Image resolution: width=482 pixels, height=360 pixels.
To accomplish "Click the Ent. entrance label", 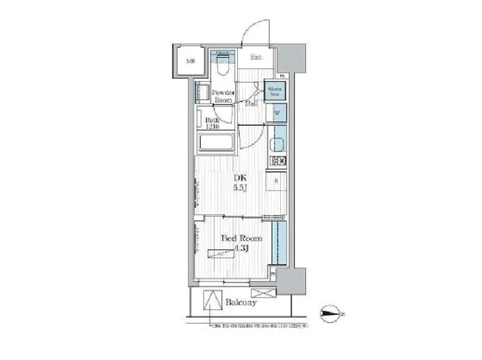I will (x=256, y=57).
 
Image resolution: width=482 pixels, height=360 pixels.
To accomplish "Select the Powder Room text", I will (x=222, y=96).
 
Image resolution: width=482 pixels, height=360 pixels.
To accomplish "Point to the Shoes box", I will (x=276, y=91).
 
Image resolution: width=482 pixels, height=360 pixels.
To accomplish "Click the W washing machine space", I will (x=277, y=114).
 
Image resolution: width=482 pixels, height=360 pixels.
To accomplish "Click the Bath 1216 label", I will (x=214, y=123).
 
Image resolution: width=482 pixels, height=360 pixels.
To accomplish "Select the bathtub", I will (x=217, y=143).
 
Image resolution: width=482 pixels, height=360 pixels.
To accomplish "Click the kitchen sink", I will (x=278, y=145).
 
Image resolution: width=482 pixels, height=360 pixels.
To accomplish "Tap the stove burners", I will (x=278, y=161).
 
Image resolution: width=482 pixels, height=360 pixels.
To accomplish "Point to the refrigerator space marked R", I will (x=276, y=181).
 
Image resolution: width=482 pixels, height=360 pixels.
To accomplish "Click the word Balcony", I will (x=241, y=302).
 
